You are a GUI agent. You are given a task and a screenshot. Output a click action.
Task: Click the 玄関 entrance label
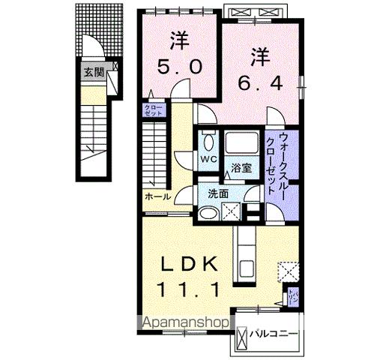(x=93, y=73)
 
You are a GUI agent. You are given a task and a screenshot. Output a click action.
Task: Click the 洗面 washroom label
(x=218, y=193)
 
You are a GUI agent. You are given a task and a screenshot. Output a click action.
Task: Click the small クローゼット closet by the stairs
(x=152, y=110)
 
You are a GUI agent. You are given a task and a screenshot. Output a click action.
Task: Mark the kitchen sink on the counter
(x=245, y=267)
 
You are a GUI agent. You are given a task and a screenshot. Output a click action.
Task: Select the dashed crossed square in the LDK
(x=288, y=270)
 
